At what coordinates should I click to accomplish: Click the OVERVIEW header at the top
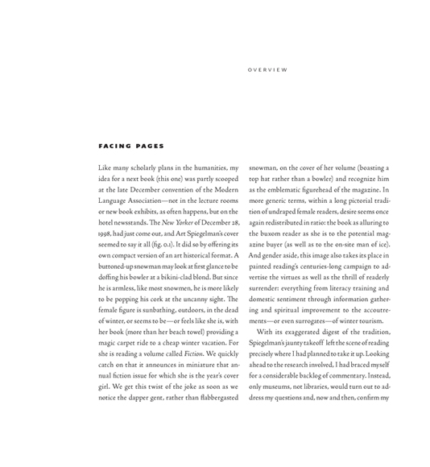267,70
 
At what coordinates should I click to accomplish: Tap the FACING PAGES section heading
130,147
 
